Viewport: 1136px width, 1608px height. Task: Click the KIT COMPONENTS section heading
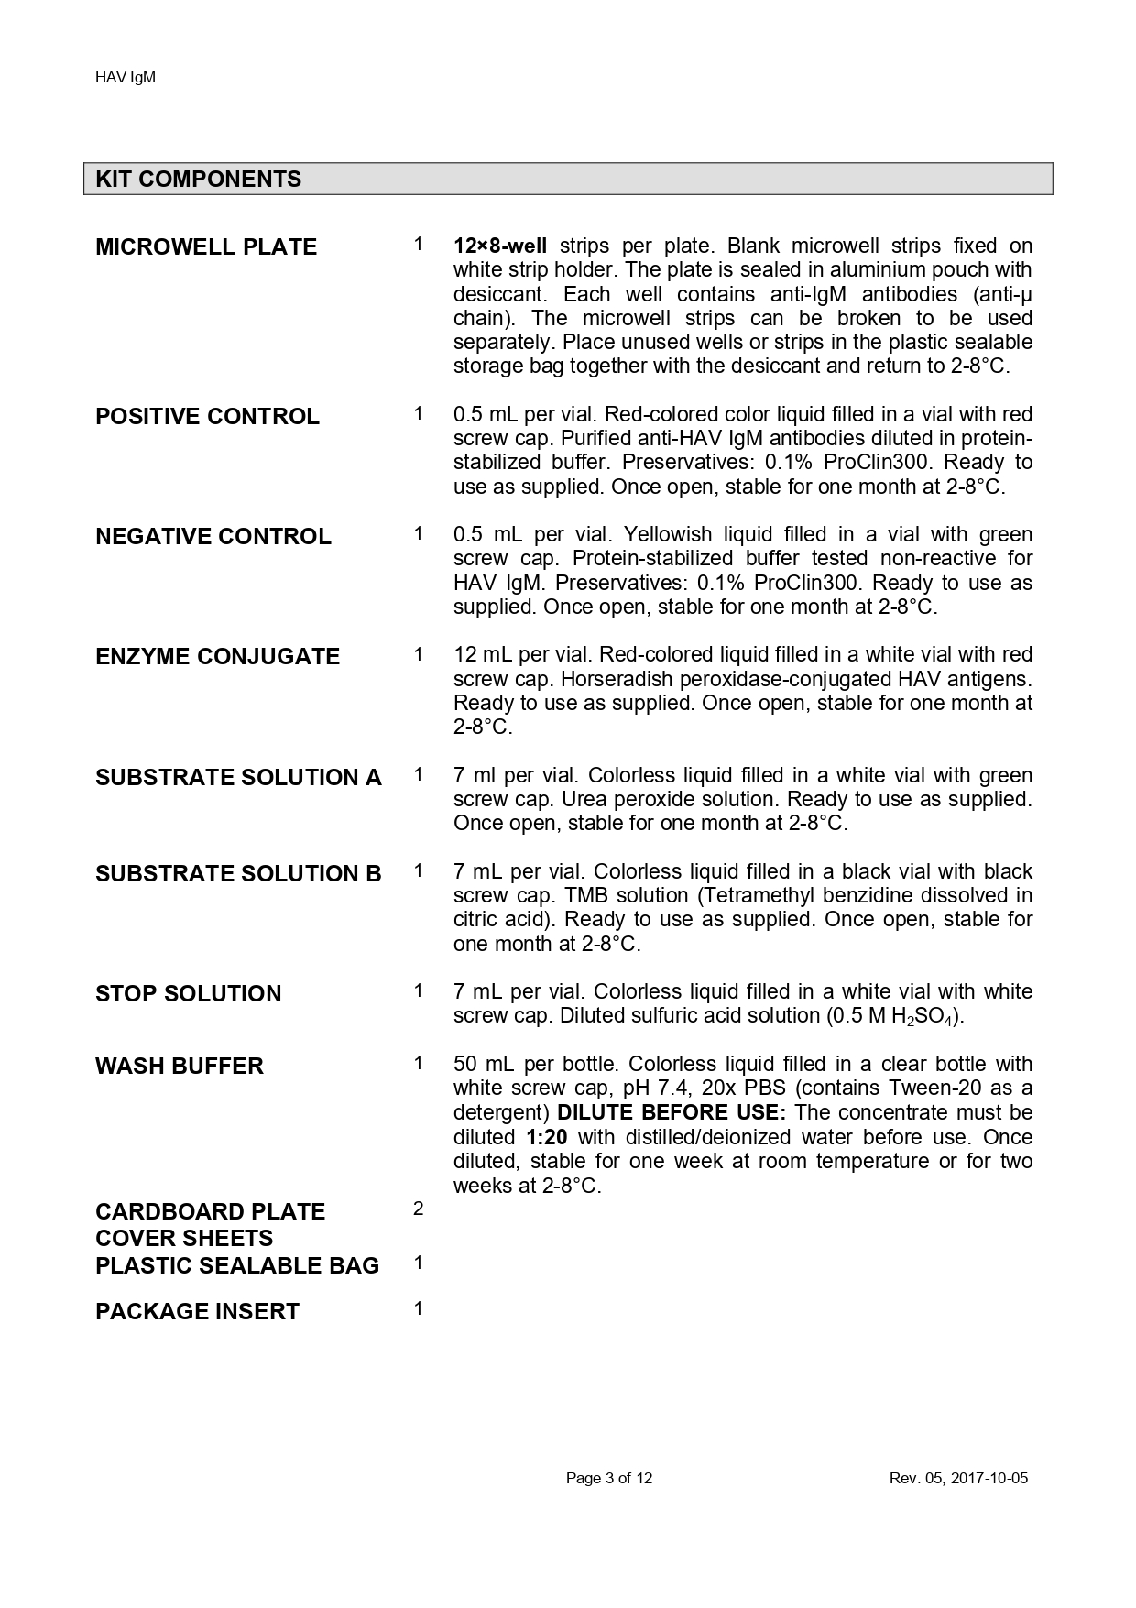(x=198, y=179)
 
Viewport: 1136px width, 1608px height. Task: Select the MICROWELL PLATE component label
(x=206, y=247)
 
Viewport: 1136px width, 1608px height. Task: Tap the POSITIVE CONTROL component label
(x=207, y=417)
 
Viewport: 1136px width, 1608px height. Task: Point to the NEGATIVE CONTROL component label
(x=213, y=537)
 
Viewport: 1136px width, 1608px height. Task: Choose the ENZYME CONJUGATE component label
(x=217, y=657)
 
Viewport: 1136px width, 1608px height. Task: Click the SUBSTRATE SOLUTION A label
(x=238, y=778)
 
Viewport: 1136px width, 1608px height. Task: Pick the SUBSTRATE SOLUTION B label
(x=238, y=874)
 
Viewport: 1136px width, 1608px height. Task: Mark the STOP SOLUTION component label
(x=188, y=994)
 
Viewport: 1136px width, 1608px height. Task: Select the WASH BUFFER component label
(x=179, y=1067)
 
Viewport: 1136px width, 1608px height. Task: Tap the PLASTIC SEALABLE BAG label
(x=236, y=1266)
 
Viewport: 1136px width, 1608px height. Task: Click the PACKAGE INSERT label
(x=197, y=1312)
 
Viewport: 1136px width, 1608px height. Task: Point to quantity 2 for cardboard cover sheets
(x=418, y=1209)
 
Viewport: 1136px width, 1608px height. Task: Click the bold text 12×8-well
(x=499, y=246)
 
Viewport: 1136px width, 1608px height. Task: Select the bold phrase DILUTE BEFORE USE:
(x=671, y=1113)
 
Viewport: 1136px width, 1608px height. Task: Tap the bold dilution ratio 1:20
(x=547, y=1138)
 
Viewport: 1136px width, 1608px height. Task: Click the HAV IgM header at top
(x=126, y=78)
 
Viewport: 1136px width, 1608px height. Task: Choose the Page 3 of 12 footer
(x=609, y=1478)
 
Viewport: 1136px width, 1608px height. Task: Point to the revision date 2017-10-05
(x=989, y=1478)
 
